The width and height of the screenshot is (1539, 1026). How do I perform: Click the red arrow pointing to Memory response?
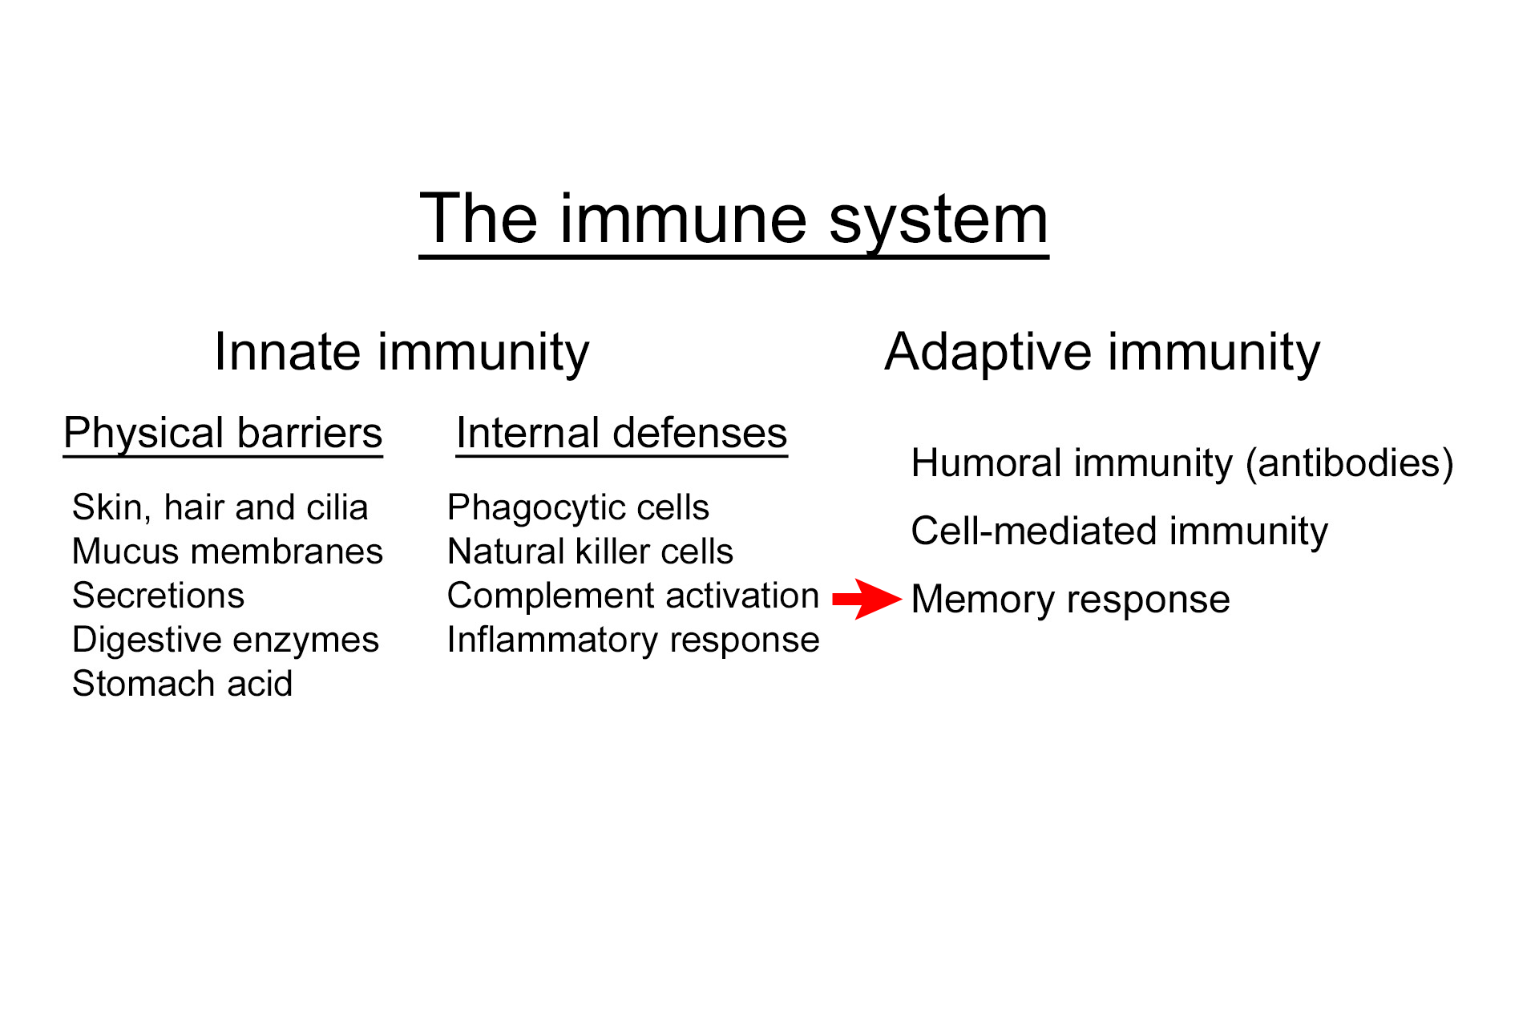866,599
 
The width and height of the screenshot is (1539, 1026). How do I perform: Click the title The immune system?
733,220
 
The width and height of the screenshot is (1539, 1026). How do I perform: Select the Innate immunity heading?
402,353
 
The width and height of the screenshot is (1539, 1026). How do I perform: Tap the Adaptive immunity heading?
1101,353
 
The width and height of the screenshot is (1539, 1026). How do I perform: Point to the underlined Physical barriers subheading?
223,434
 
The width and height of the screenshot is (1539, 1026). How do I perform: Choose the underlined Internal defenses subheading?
621,434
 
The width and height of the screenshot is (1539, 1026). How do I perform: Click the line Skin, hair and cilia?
220,507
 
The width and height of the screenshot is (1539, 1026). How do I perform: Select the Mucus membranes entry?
227,551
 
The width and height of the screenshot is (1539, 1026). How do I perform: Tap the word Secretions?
158,596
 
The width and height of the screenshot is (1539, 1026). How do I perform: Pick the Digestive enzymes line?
225,640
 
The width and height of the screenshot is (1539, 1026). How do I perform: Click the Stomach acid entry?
182,684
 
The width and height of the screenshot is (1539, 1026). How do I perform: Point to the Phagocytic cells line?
578,507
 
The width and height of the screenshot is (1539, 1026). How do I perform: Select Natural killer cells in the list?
590,551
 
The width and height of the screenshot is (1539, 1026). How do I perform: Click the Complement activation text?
632,596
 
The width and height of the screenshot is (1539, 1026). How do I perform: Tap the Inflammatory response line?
632,640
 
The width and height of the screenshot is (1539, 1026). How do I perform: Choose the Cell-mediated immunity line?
1119,531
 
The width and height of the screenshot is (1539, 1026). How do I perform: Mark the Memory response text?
1070,600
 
